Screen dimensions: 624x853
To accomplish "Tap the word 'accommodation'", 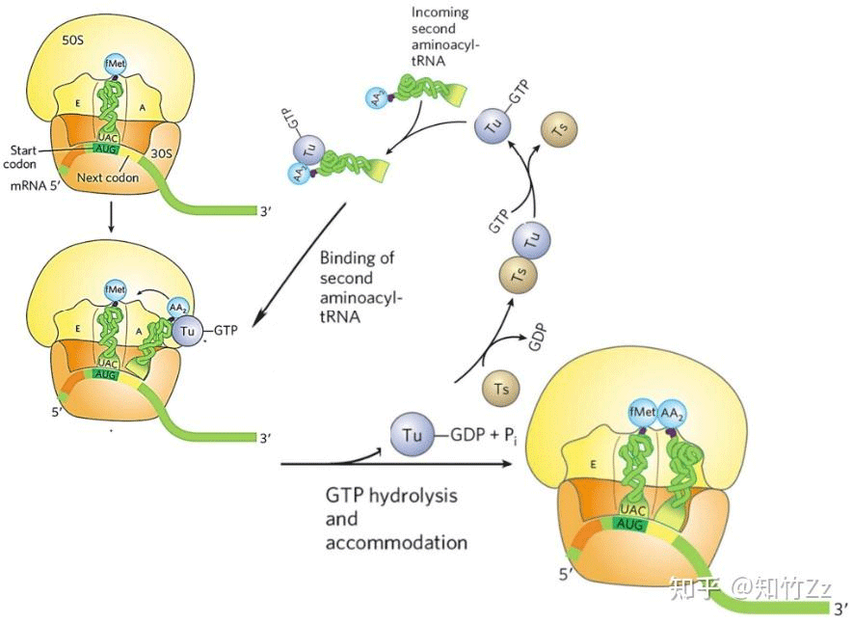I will (396, 542).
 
